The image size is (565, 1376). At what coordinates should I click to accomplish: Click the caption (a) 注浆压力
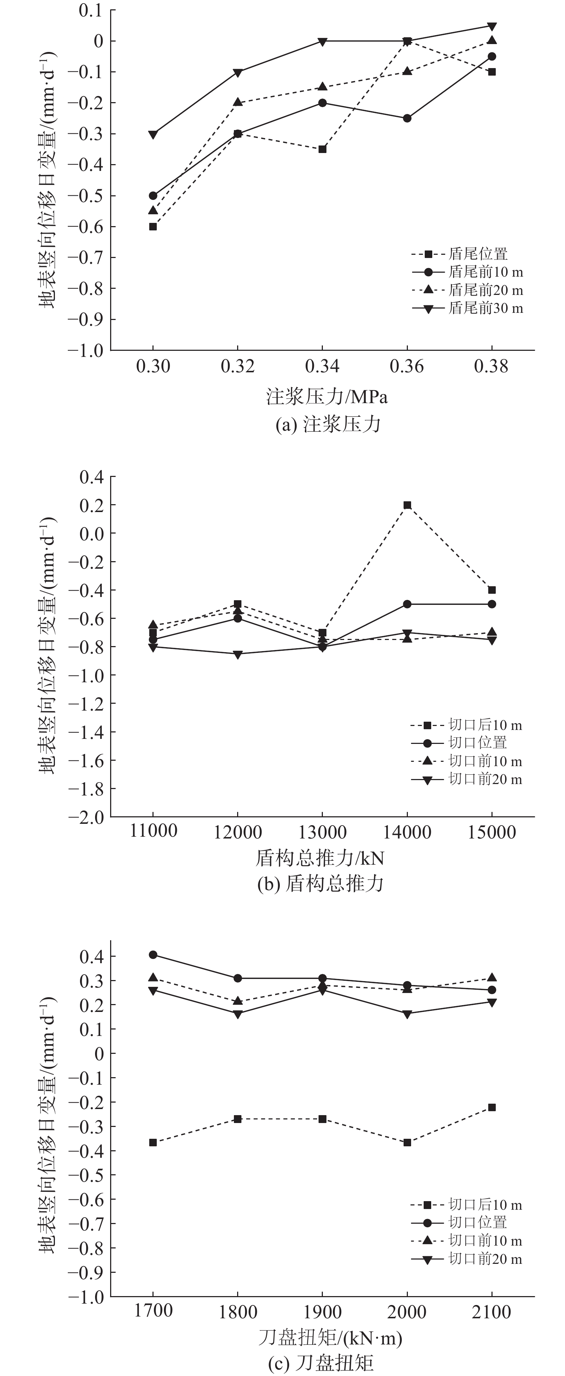(x=328, y=425)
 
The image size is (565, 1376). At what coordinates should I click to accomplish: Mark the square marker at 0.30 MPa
(x=153, y=226)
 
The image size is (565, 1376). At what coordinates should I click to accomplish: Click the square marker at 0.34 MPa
(x=322, y=149)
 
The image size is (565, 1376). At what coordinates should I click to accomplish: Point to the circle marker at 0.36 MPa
(x=407, y=118)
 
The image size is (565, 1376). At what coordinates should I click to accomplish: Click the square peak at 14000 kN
(x=407, y=505)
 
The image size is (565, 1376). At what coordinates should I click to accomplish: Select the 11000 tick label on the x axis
(x=154, y=831)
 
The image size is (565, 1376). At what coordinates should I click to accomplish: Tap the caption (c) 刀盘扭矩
(x=320, y=1363)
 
